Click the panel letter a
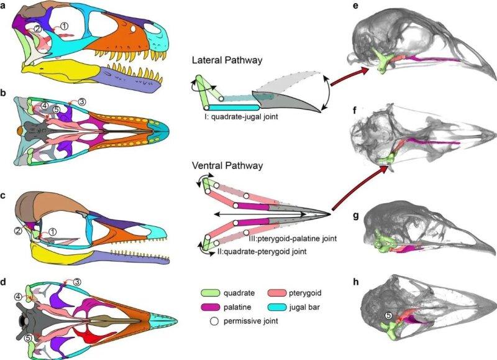tap(3, 6)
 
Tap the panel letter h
tap(356, 282)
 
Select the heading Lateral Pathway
tap(227, 60)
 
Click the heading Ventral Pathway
tap(227, 165)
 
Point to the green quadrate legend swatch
tap(210, 292)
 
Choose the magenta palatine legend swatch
tap(210, 307)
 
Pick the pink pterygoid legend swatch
tap(277, 292)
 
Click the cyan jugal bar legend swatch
tap(277, 307)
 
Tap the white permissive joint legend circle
tap(214, 321)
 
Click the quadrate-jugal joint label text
tap(241, 117)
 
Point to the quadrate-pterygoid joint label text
tap(262, 252)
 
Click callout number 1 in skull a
tap(64, 26)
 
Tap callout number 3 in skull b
tap(82, 102)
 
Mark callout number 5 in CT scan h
tap(388, 315)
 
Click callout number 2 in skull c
tap(19, 230)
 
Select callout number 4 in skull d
tap(19, 296)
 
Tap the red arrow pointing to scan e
tap(349, 76)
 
